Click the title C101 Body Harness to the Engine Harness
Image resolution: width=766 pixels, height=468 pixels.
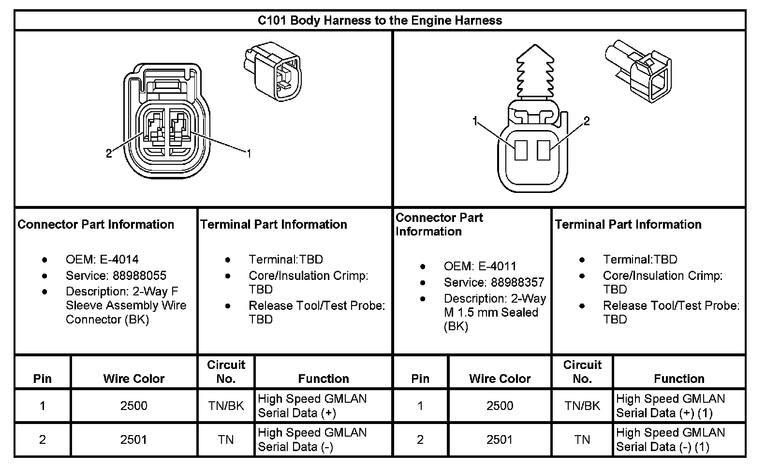[x=380, y=20]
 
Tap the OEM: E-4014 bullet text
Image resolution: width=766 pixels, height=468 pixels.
[x=102, y=260]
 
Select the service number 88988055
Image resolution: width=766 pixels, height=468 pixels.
[x=140, y=276]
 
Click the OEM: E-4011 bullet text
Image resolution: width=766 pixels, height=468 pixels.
[x=480, y=266]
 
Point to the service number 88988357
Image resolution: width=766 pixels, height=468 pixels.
[x=518, y=282]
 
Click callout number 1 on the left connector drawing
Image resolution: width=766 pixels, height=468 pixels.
[x=249, y=154]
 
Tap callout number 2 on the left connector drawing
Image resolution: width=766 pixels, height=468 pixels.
[x=109, y=154]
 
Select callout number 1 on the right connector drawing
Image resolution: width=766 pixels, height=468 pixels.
[x=475, y=121]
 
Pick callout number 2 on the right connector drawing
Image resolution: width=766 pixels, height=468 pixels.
[x=587, y=121]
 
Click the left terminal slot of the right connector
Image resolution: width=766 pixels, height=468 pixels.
[x=521, y=150]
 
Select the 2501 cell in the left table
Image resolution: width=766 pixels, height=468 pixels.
[x=134, y=439]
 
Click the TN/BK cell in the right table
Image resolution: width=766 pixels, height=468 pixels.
[x=582, y=406]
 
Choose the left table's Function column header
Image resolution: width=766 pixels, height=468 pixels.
[x=324, y=379]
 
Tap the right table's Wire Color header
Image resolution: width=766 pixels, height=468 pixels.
[x=500, y=379]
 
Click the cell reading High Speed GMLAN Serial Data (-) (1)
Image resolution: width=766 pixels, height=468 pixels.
[x=671, y=439]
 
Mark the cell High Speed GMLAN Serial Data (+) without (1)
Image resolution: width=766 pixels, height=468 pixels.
[x=312, y=406]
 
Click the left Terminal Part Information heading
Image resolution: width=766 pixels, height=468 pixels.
[x=274, y=224]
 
